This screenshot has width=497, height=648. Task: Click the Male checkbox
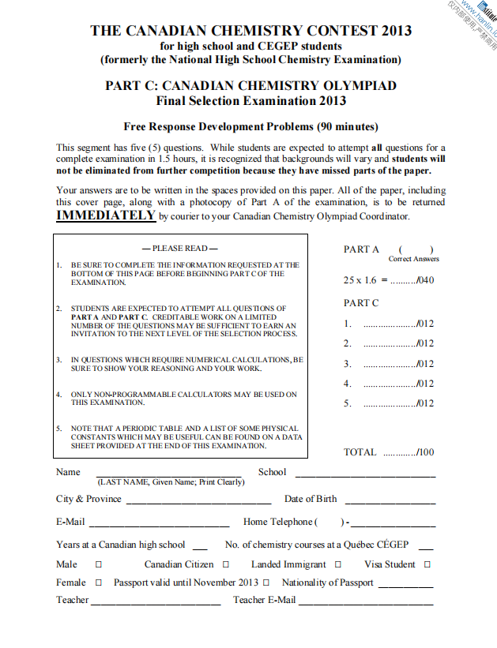point(99,564)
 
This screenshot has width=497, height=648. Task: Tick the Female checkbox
point(99,582)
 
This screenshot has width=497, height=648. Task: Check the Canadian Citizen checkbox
point(226,564)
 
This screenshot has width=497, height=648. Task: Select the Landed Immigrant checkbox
point(338,564)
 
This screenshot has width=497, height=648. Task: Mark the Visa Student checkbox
point(427,564)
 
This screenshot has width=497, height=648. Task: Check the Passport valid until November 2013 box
point(266,582)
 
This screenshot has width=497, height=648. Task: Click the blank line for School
point(365,475)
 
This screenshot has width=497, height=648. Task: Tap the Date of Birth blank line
point(389,502)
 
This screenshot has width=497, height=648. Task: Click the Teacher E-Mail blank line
point(367,603)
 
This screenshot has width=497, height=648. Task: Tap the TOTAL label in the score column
point(360,452)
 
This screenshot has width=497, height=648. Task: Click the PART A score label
point(361,249)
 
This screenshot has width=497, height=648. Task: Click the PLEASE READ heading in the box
point(180,249)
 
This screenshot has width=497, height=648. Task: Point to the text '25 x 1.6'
point(360,280)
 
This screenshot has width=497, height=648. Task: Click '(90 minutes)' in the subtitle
point(347,126)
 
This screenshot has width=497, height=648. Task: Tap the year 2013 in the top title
point(396,32)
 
